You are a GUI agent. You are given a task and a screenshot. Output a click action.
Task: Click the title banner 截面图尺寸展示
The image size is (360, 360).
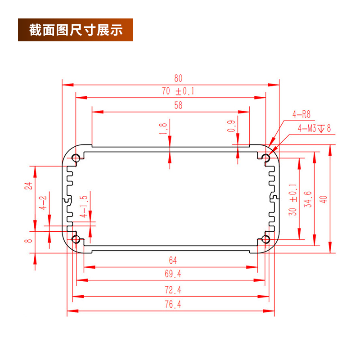(x=76, y=30)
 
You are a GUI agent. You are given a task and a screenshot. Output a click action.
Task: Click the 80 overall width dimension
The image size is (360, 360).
(x=171, y=78)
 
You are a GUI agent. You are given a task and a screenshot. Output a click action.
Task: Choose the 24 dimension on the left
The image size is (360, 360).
(x=28, y=185)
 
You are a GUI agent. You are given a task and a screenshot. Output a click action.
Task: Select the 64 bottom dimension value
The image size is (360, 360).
(x=173, y=260)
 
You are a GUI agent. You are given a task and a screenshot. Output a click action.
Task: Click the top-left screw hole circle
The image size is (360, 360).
(x=76, y=158)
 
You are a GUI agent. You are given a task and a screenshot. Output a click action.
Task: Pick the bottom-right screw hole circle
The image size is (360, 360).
(x=266, y=239)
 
